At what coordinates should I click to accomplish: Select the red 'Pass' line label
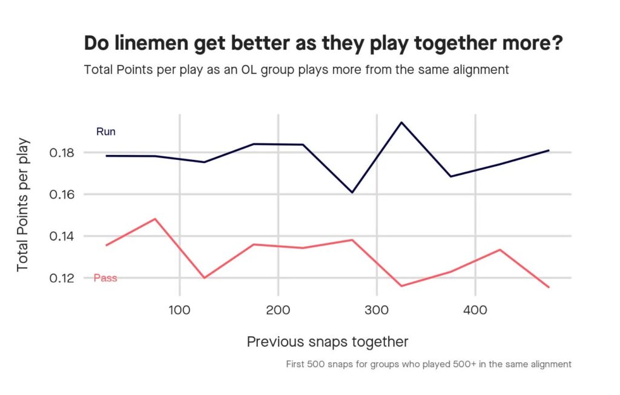[105, 278]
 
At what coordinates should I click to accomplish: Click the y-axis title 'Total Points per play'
[23, 205]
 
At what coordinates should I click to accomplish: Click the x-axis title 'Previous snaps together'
[328, 342]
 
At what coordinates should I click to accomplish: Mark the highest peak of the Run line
[401, 122]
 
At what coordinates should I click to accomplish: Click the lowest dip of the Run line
[352, 193]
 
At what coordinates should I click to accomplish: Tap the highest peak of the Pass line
[155, 219]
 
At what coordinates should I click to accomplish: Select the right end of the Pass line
[549, 287]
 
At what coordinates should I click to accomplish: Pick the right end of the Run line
[549, 150]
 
